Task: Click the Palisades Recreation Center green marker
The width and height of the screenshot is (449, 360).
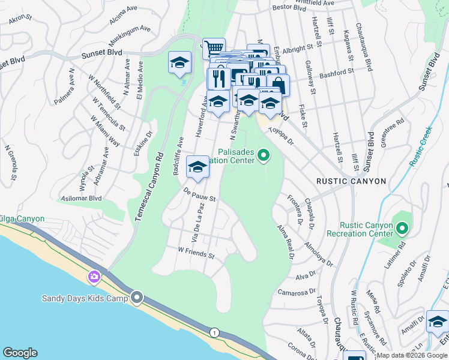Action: click(x=262, y=157)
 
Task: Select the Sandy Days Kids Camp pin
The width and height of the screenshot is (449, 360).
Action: click(x=137, y=298)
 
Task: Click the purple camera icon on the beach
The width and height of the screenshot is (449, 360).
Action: click(x=94, y=277)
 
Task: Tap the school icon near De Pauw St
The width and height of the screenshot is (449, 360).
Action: click(x=197, y=167)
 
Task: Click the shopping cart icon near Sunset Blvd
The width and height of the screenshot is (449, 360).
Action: click(x=214, y=49)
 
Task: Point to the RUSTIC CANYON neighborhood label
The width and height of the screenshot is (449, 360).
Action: click(x=351, y=181)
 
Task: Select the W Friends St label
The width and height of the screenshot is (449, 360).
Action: click(x=196, y=253)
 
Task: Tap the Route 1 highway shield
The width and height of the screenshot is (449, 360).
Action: click(x=214, y=332)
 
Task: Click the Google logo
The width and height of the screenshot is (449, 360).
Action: click(x=20, y=353)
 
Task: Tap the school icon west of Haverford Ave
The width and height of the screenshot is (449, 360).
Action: click(x=179, y=64)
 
